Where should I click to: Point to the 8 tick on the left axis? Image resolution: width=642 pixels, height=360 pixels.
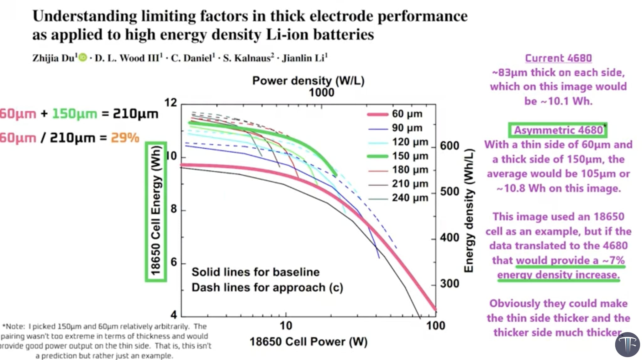coord(174,209)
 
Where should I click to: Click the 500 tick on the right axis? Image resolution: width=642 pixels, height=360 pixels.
coord(450,192)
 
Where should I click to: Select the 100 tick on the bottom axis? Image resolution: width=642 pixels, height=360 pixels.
coord(435,326)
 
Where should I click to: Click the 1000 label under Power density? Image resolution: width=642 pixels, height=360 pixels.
coord(321,93)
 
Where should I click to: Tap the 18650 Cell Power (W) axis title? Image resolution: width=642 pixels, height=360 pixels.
coord(308,342)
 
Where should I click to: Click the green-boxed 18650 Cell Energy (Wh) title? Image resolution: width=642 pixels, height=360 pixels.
coord(156,212)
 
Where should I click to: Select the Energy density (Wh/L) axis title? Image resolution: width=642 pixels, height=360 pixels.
coord(468,211)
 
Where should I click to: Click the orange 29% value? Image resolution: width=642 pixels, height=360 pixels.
coord(125,138)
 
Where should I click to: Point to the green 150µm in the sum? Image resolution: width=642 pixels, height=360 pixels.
coord(75,114)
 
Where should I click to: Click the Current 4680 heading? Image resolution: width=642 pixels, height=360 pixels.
coord(558,58)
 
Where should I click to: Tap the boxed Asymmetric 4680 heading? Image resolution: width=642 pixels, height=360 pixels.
coord(558,130)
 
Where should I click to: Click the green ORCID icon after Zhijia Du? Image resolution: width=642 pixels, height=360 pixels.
coord(83,58)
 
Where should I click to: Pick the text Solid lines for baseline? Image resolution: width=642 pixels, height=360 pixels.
coord(255,272)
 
